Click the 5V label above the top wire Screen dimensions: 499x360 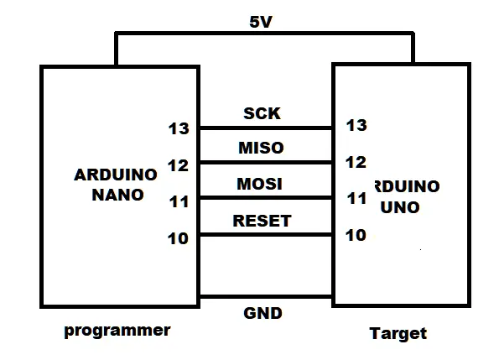pos(261,22)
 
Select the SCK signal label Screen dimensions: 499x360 pos(262,113)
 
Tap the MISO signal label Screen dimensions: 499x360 pos(261,148)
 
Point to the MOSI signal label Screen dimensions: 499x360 pos(259,184)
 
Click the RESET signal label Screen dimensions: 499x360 pos(262,221)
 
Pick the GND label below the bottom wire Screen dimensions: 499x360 pos(262,313)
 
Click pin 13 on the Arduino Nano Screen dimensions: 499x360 pos(179,128)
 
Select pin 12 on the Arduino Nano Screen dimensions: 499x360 pos(178,165)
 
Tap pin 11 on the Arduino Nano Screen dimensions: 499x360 pos(179,201)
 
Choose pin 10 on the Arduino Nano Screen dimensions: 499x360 pos(178,238)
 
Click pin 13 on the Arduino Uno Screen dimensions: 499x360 pos(356,125)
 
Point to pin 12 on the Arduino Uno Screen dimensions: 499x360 pos(356,162)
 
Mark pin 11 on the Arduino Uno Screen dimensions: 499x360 pos(356,198)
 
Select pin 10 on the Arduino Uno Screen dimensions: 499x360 pos(356,235)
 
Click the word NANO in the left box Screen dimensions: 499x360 pos(117,195)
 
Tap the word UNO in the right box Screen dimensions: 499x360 pos(400,207)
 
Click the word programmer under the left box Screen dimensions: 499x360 pos(117,331)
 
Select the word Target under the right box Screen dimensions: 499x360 pos(398,334)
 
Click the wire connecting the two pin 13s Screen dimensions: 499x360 pos(266,128)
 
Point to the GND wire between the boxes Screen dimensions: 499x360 pos(266,297)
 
